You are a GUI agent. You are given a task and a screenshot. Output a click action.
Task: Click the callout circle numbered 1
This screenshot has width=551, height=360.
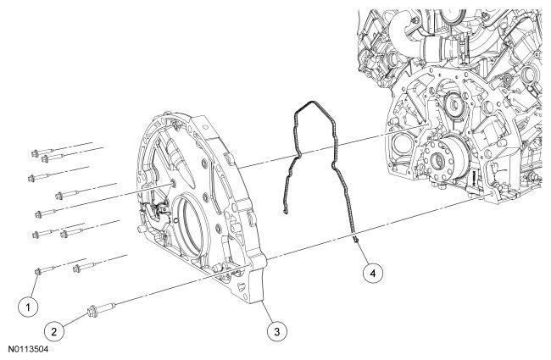31,302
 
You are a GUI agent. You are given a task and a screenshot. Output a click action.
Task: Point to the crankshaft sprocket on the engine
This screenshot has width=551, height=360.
441,161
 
